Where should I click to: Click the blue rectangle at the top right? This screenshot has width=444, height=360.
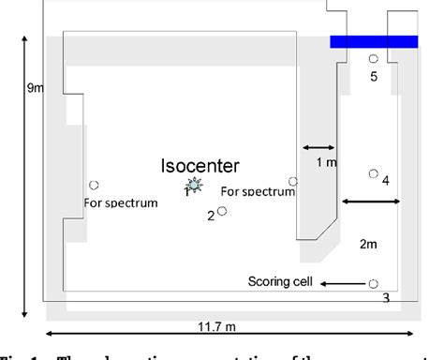coord(373,41)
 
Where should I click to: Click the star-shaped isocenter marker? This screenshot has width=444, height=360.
coord(193,186)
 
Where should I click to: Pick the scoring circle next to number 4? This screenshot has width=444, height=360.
coord(373,173)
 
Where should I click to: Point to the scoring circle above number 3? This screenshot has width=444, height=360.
coord(373,283)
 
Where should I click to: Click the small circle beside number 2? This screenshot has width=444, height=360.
coord(222,212)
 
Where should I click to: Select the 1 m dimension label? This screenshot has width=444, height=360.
coord(326,162)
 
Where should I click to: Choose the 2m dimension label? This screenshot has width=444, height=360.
coord(368,244)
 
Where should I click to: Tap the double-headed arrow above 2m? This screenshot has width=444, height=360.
coord(371,201)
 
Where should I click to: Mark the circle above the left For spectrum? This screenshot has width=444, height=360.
coord(93,185)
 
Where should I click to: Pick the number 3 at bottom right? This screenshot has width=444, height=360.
coord(385,298)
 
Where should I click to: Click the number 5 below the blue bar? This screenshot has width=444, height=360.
coord(373,77)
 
